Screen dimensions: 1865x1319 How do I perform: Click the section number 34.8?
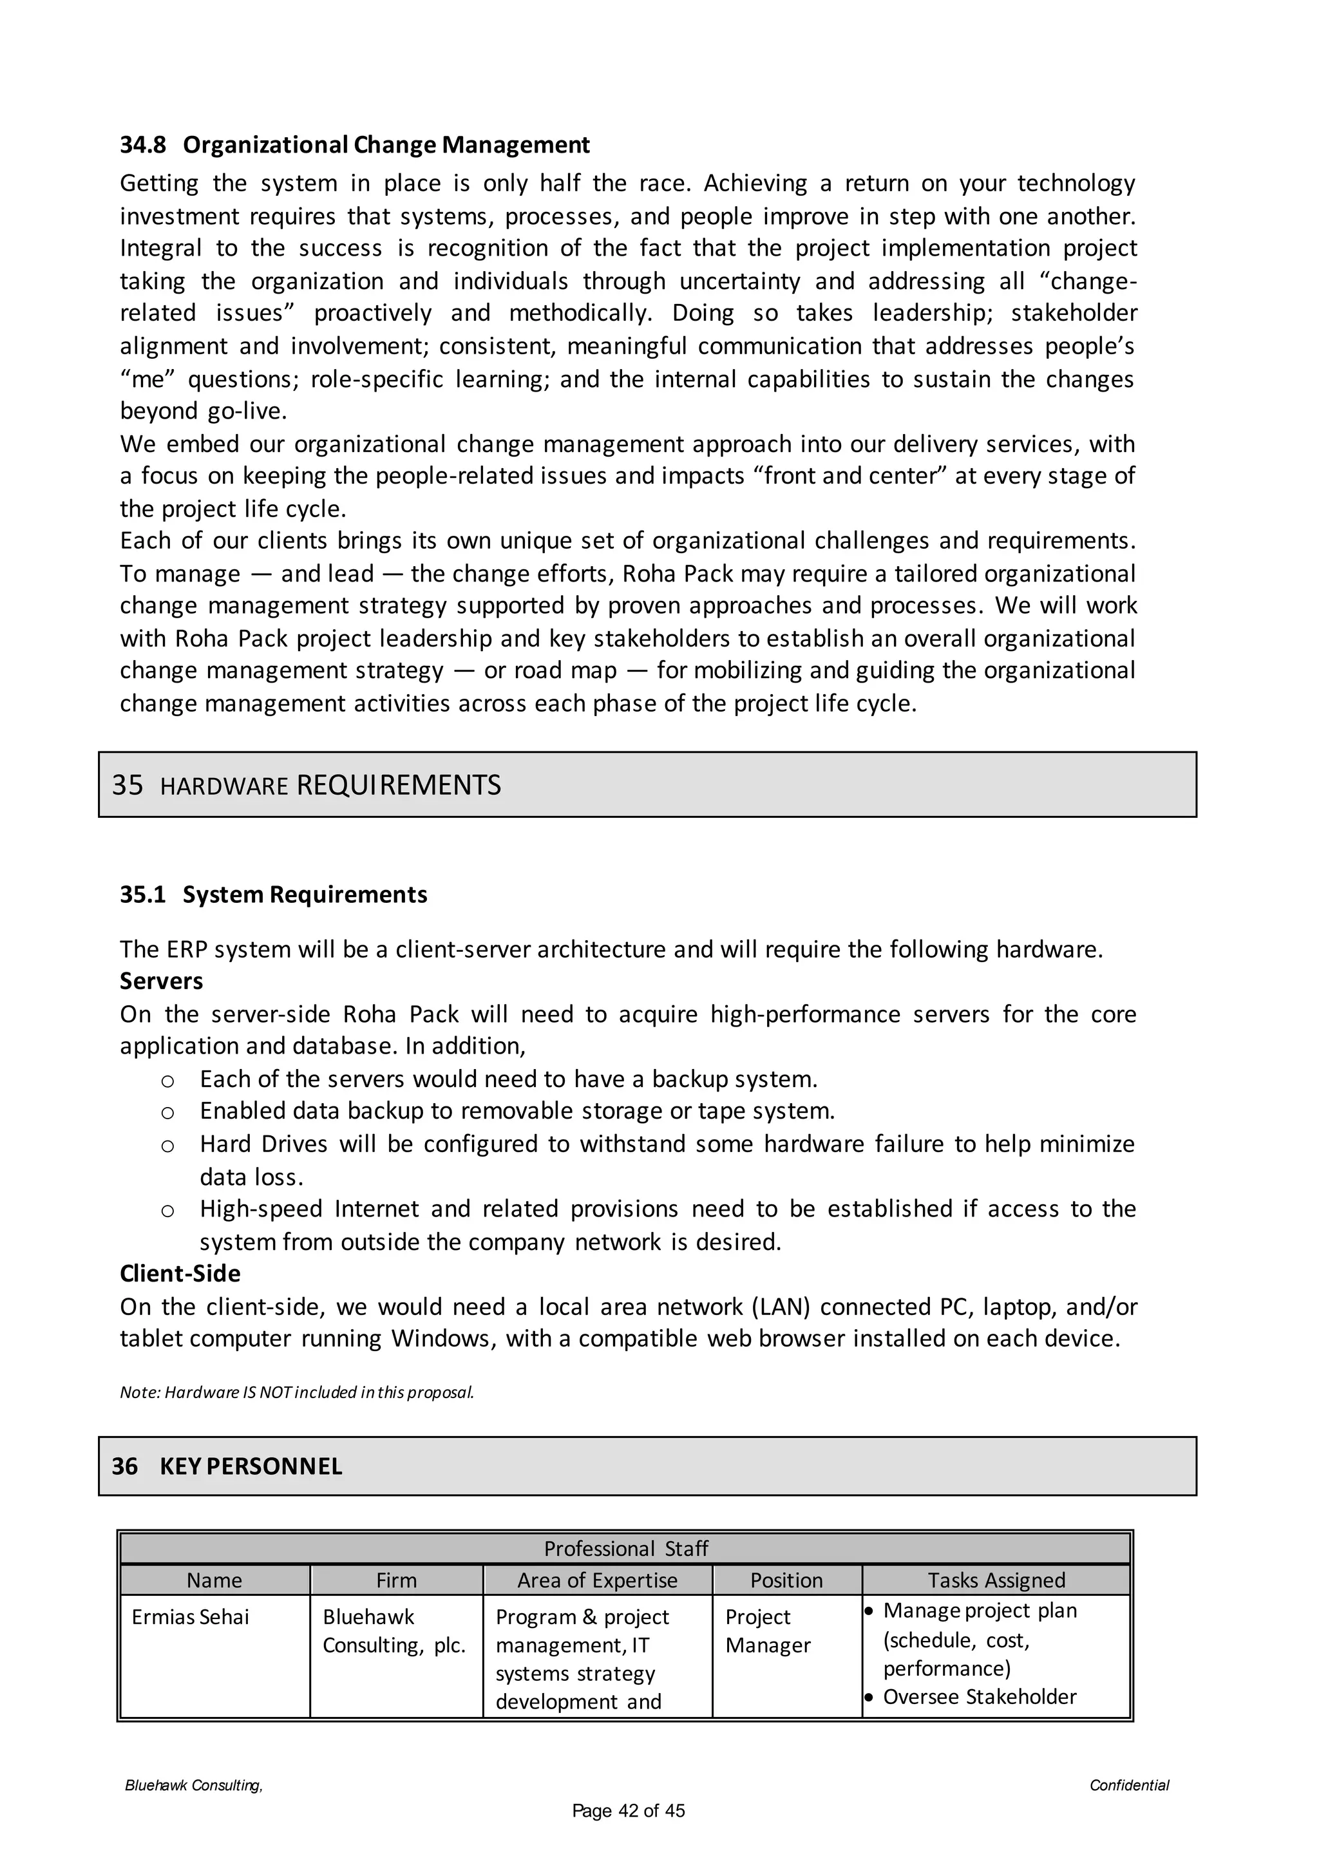143,145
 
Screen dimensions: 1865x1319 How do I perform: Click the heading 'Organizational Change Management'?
386,145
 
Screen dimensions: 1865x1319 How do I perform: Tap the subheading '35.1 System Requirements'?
274,895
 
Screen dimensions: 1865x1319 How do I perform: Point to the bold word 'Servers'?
162,981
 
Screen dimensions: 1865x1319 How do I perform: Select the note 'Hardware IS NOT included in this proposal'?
298,1392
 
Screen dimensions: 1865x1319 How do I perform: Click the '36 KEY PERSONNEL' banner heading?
227,1466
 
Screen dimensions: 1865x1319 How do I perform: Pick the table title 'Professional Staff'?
625,1548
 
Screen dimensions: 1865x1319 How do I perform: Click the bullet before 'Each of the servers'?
167,1081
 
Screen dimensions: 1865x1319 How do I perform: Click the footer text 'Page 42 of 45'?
629,1810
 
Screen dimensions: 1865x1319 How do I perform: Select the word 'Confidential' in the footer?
1129,1785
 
